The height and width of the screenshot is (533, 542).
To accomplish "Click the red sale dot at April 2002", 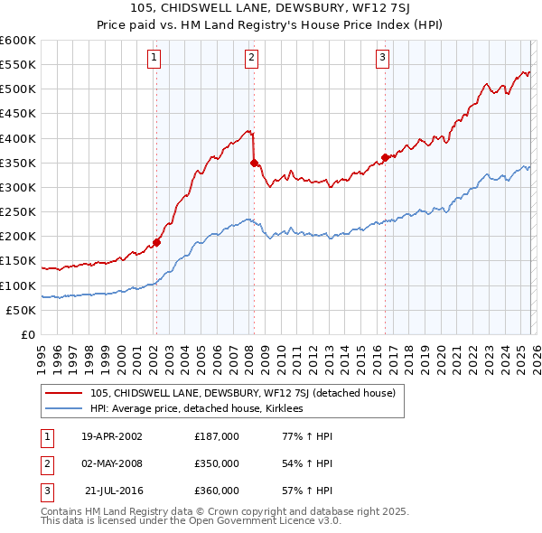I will pyautogui.click(x=156, y=242).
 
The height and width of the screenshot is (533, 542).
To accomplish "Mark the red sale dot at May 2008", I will pyautogui.click(x=254, y=163).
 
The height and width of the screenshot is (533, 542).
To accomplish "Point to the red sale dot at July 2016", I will pyautogui.click(x=385, y=157).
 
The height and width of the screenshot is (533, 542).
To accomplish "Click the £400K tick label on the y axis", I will pyautogui.click(x=18, y=138).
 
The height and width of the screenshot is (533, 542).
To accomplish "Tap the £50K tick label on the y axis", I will pyautogui.click(x=21, y=310).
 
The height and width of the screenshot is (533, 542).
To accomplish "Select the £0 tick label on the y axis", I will pyautogui.click(x=27, y=334).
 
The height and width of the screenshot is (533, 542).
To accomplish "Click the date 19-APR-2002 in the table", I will pyautogui.click(x=111, y=436).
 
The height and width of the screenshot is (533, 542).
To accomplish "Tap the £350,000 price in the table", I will pyautogui.click(x=216, y=463).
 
